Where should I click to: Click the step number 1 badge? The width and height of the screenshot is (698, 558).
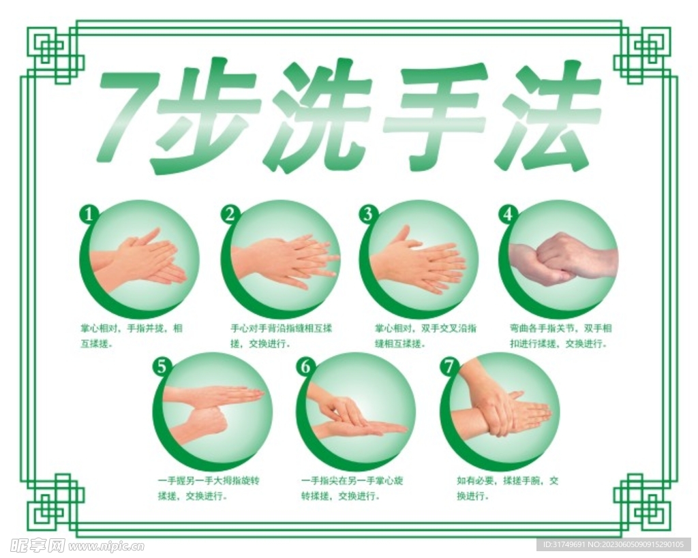click(89, 215)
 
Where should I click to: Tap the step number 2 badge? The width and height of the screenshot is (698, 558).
click(230, 215)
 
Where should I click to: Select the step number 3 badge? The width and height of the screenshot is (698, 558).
click(369, 215)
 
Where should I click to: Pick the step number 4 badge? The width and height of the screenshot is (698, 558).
click(507, 215)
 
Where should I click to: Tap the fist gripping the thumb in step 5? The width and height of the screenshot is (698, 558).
click(202, 422)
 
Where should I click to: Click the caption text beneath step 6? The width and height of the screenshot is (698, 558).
click(352, 488)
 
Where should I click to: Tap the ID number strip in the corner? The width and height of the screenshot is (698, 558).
click(613, 545)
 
